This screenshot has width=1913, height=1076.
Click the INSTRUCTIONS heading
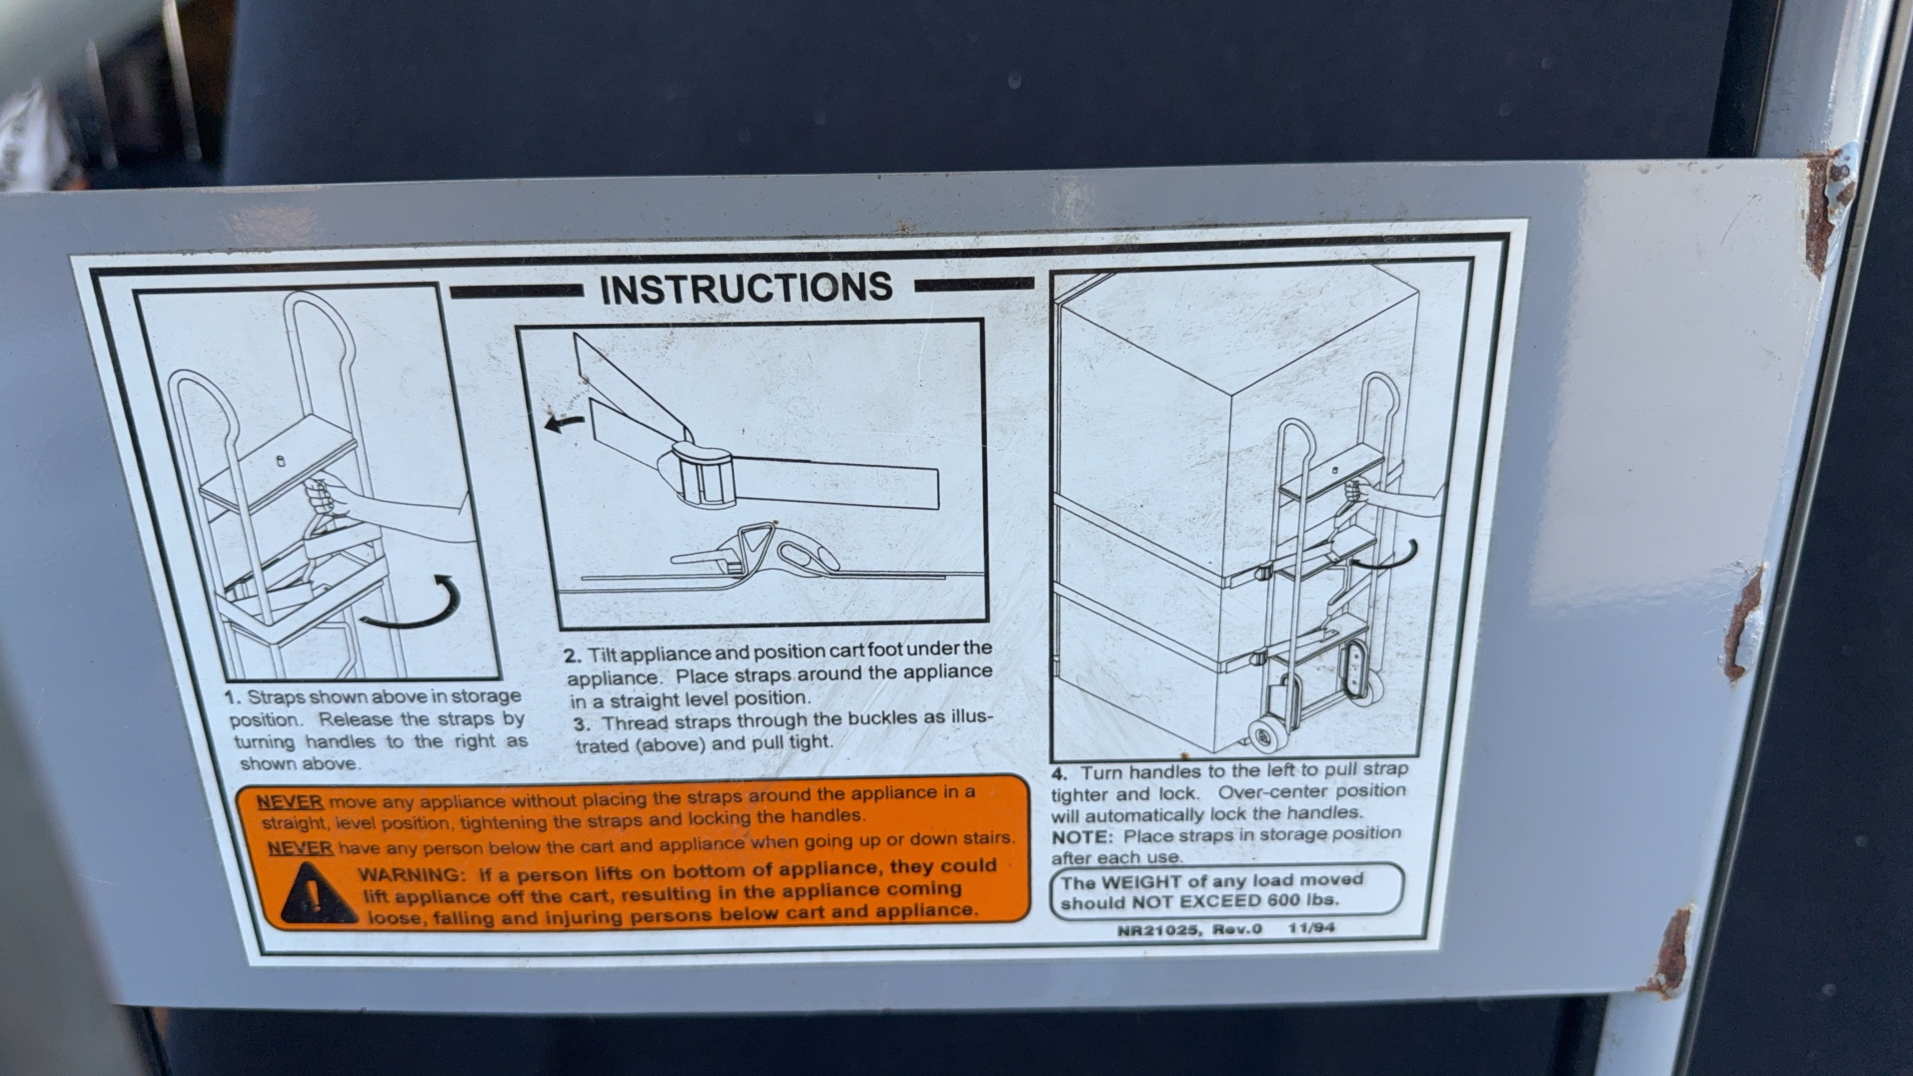(x=746, y=288)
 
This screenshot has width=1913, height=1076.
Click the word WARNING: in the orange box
(x=409, y=874)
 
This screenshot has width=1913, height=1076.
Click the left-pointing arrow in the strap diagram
(x=564, y=423)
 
